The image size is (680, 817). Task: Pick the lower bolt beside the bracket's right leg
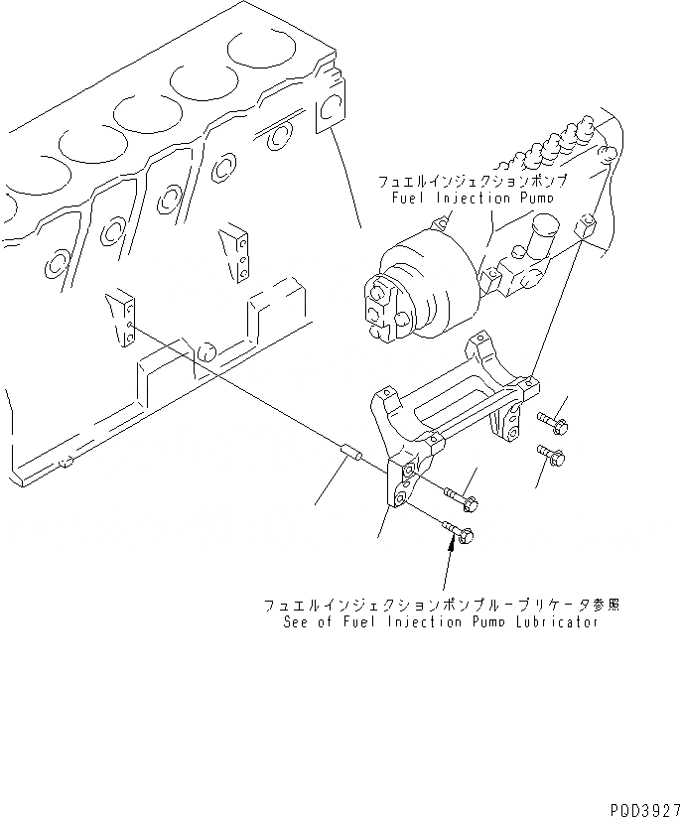(x=552, y=457)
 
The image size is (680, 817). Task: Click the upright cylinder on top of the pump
(x=541, y=243)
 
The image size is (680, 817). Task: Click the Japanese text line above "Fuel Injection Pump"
(x=471, y=183)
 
